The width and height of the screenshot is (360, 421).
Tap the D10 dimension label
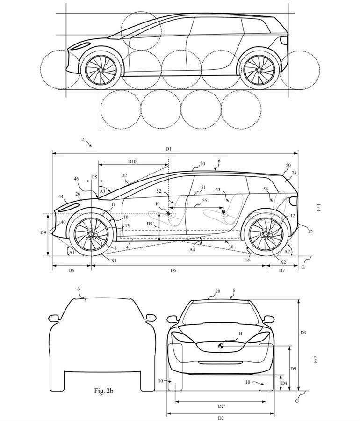132,161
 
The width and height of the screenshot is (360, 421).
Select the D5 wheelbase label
173,270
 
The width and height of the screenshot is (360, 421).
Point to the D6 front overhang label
71,270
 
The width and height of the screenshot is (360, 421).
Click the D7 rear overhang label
281,270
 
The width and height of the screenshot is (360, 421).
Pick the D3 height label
303,333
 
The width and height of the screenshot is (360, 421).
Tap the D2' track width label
221,406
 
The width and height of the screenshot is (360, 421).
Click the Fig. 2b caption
103,391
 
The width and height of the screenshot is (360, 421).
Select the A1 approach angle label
72,253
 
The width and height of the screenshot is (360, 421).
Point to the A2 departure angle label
287,252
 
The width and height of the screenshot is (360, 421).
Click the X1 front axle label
114,261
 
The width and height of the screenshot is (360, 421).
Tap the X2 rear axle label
283,262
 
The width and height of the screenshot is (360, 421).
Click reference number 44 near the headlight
61,197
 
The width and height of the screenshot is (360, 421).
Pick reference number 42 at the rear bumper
310,232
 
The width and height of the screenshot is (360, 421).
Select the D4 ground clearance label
284,383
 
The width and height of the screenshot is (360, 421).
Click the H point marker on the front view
221,346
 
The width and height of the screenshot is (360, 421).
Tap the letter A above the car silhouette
79,288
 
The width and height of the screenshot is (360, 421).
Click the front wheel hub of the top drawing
101,70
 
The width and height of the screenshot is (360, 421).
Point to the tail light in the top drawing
283,40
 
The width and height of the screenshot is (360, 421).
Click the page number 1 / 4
318,208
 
